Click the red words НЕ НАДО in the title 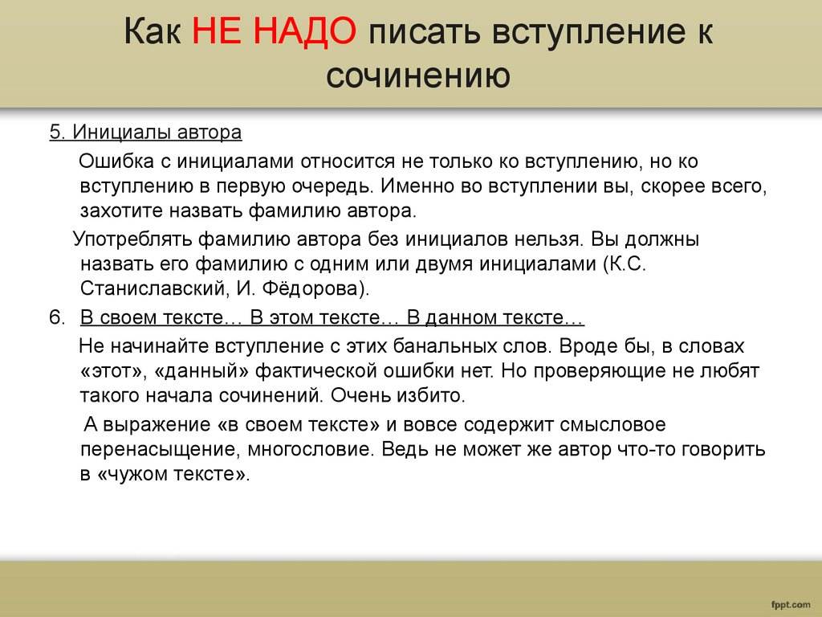coord(275,31)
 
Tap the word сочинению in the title coord(417,76)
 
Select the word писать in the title coord(425,32)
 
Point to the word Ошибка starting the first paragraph coord(116,161)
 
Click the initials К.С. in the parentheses coord(626,263)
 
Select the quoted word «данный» coord(201,371)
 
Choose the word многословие coord(311,449)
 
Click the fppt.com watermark coord(791,606)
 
